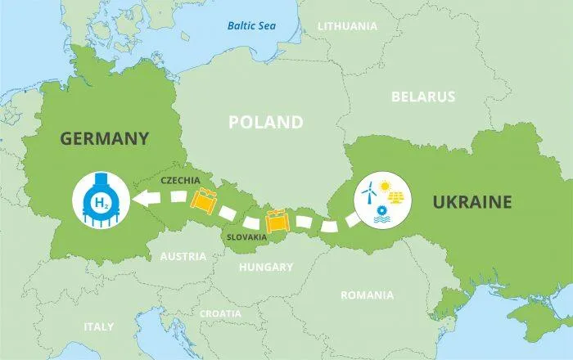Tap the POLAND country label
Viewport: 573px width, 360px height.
point(265,123)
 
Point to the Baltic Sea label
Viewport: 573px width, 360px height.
point(251,25)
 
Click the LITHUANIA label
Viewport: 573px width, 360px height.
point(347,26)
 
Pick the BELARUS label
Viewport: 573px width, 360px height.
point(422,97)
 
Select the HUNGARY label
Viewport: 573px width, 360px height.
point(265,267)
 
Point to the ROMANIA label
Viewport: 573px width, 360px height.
point(367,295)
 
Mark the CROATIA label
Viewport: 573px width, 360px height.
point(220,313)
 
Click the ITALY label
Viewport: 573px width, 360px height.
point(99,326)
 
